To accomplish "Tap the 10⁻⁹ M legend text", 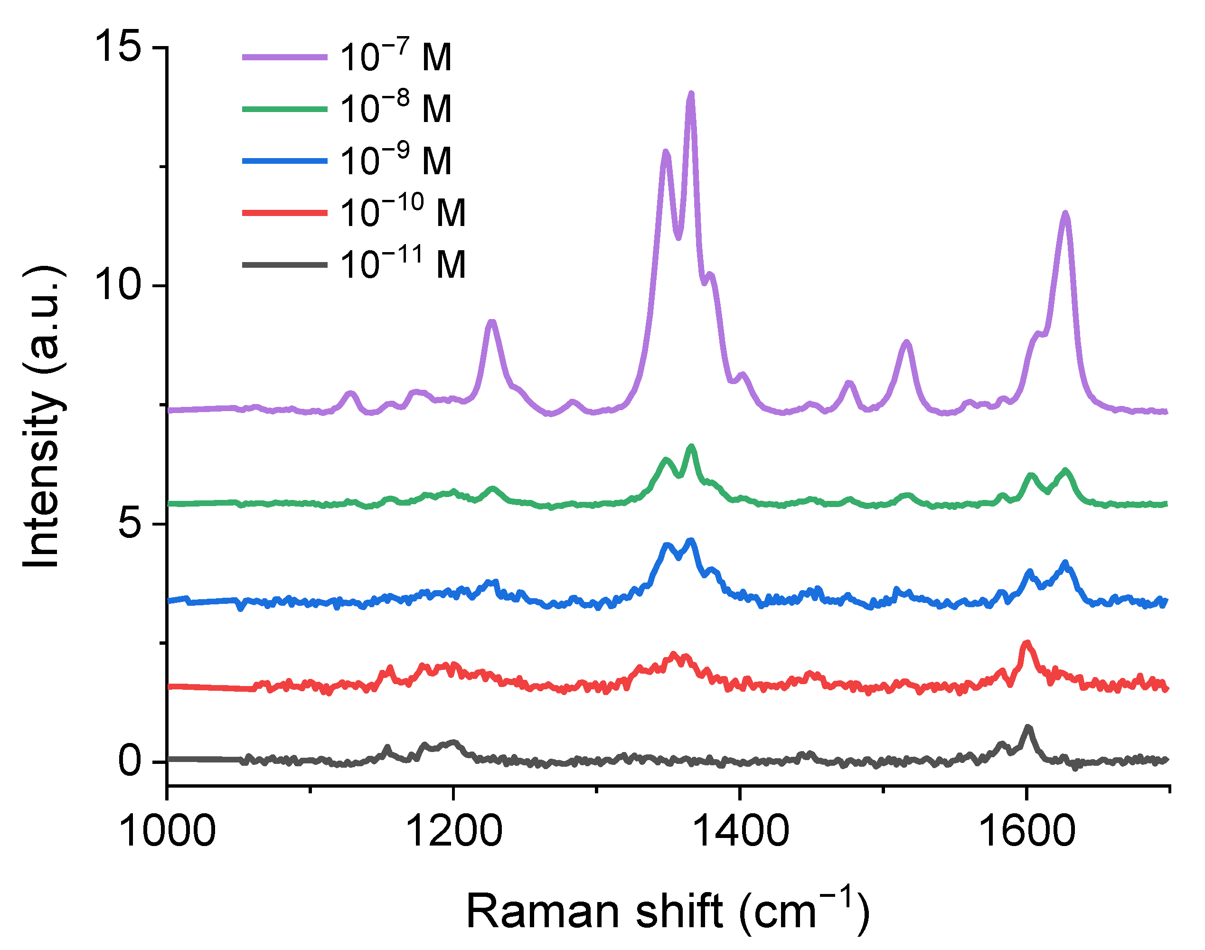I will click(x=395, y=161).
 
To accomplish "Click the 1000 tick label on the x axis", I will click(x=167, y=831).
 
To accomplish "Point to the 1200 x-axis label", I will click(x=453, y=831).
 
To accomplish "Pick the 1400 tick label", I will click(x=740, y=831).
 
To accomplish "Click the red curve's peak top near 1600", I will click(x=1026, y=643).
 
